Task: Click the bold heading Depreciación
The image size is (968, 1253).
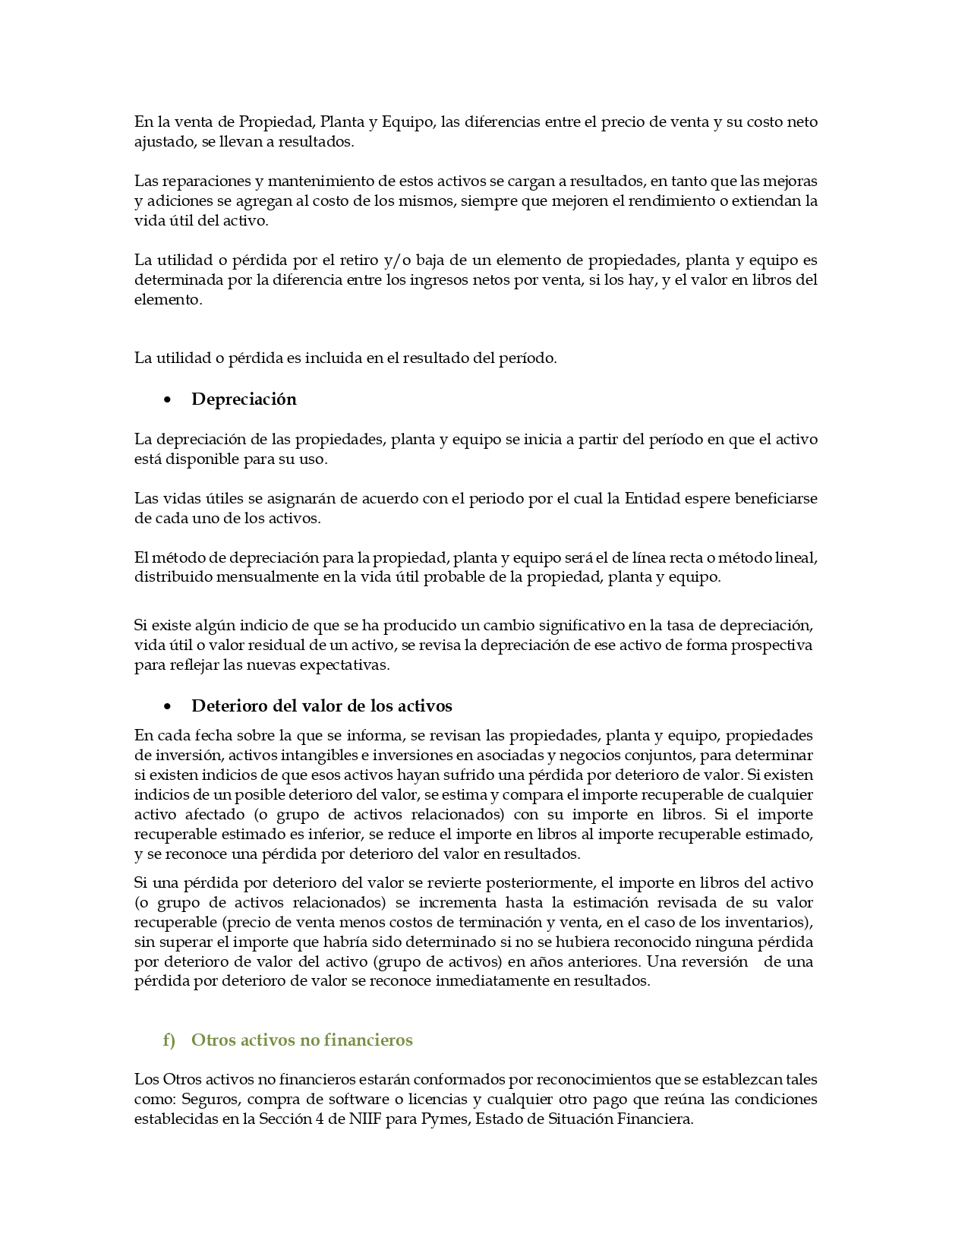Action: (x=244, y=399)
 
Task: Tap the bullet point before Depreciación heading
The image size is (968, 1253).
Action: (x=167, y=400)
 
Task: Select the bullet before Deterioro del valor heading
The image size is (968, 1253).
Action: (x=167, y=707)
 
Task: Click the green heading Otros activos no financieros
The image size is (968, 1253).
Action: (x=301, y=1040)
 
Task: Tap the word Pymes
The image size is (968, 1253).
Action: (x=443, y=1119)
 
